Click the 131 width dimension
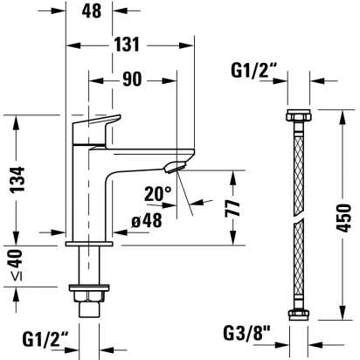tap(127, 45)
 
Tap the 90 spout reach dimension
tap(132, 79)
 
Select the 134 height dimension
tap(17, 179)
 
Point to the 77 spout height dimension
tap(232, 209)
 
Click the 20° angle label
tap(158, 194)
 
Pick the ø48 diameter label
tap(147, 220)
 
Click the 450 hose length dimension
tap(343, 218)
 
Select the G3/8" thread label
tap(246, 334)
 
